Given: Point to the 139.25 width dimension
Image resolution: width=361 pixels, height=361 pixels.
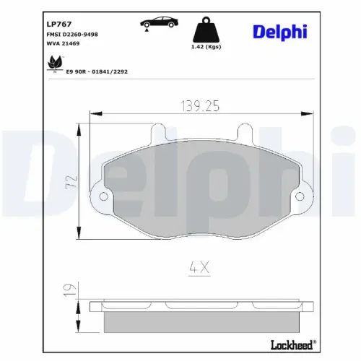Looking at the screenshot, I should click(x=198, y=106).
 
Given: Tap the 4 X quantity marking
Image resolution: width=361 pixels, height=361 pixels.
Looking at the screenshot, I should click(x=199, y=268).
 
